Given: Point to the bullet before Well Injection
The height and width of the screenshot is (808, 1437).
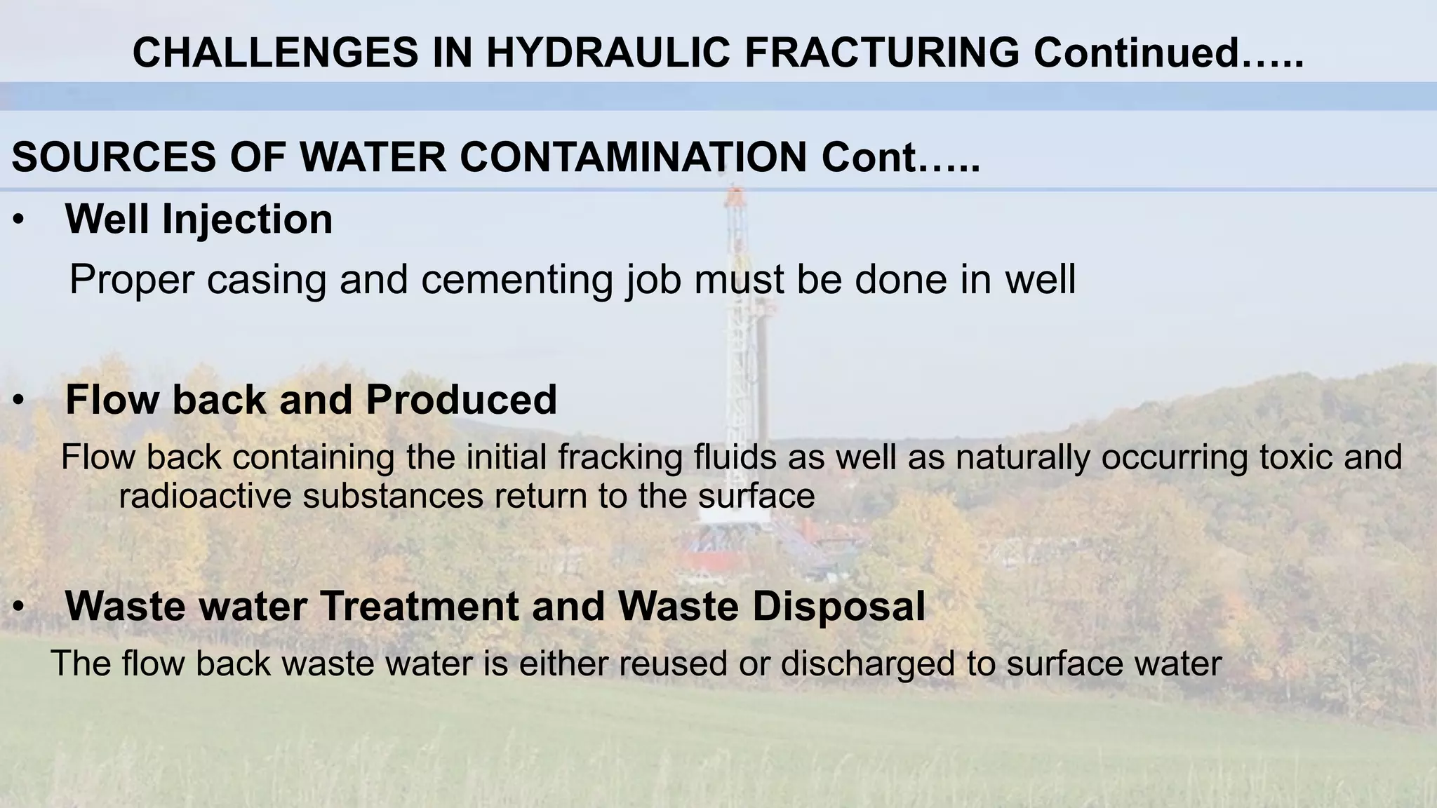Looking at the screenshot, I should click(18, 220).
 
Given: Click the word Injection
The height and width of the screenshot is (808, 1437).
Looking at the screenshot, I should click(247, 220).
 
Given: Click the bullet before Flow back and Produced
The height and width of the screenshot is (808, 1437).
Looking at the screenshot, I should click(18, 400).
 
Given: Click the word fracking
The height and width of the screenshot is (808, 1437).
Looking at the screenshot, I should click(620, 457).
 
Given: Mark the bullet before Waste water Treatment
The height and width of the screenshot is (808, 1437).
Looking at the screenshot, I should click(18, 607).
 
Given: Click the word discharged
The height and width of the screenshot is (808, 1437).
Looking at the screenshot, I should click(867, 663).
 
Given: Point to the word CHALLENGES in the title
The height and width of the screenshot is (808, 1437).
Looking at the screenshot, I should click(275, 53).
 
